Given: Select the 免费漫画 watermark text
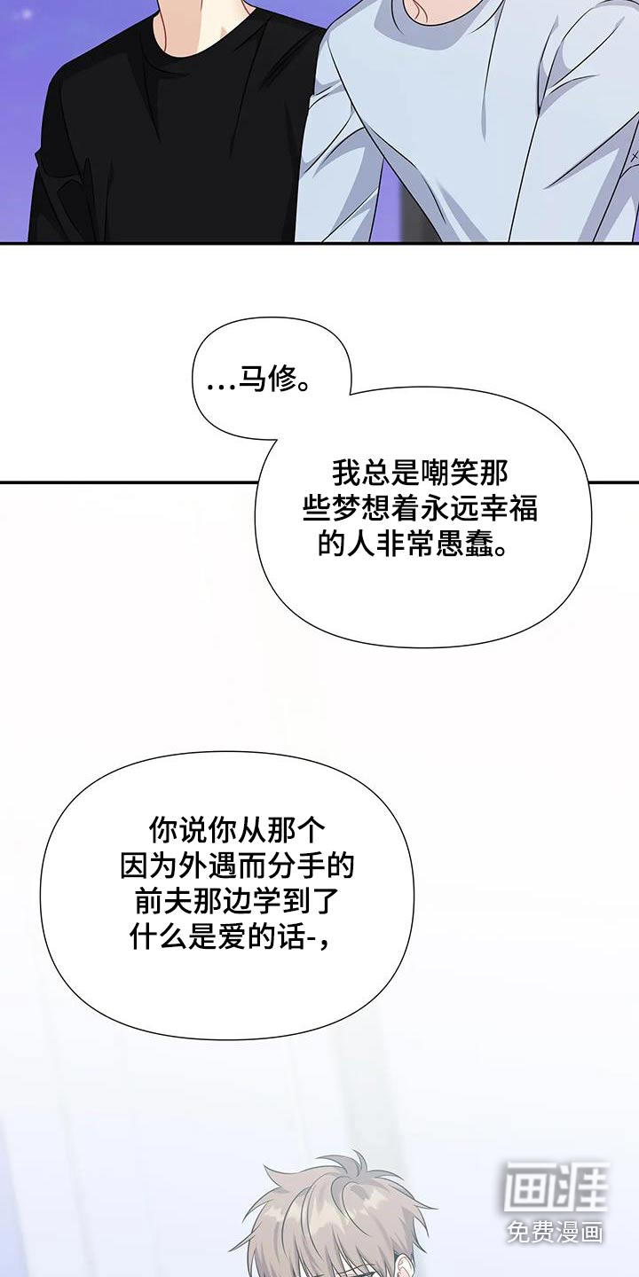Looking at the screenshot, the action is tap(556, 1233).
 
